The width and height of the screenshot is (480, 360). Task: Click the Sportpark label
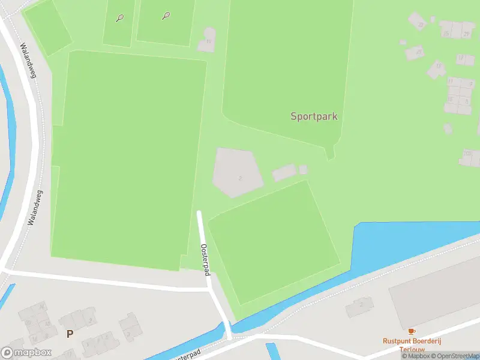pos(314,116)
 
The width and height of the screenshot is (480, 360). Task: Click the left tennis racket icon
pos(120,18)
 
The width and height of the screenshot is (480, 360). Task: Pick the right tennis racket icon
pos(166,16)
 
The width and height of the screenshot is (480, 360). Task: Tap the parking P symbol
pos(70,334)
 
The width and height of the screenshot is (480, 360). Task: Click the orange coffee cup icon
pos(411,331)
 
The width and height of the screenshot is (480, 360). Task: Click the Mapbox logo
pos(26,353)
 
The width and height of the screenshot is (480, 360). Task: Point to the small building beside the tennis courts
pos(208,40)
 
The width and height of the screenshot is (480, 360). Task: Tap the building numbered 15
pos(437,68)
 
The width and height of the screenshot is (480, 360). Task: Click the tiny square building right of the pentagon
pos(303,169)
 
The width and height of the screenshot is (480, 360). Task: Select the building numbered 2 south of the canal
pos(359,307)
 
